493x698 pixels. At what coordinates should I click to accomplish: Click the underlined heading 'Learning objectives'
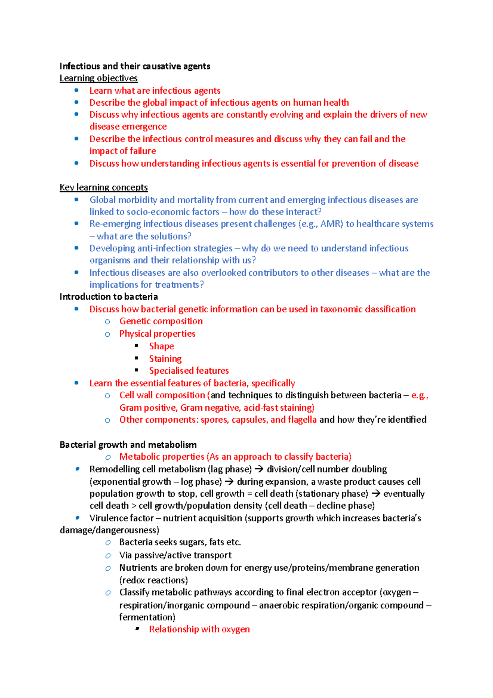pos(98,78)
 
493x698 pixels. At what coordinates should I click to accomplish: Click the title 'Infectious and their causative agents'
pos(135,66)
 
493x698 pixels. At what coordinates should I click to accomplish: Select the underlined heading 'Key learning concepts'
pos(104,187)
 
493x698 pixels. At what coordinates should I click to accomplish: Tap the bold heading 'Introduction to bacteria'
pos(108,297)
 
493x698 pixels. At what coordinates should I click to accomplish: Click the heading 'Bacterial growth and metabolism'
pos(128,445)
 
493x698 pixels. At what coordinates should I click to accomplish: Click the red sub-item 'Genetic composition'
pos(161,321)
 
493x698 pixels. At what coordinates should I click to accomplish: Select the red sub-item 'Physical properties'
pos(157,334)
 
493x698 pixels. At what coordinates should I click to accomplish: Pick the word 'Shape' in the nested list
pos(161,347)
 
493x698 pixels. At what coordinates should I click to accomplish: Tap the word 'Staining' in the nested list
pos(165,359)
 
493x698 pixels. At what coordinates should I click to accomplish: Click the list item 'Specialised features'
pos(189,371)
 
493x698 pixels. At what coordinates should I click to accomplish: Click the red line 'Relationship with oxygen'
pos(199,629)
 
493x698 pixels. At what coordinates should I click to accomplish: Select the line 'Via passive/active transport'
pos(175,555)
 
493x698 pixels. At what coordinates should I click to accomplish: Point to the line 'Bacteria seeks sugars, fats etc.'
pos(180,542)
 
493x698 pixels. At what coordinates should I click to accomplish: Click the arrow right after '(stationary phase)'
pos(376,494)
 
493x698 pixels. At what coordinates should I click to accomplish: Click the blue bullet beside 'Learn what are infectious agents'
pos(76,90)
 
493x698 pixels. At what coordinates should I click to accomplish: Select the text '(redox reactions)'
pos(153,580)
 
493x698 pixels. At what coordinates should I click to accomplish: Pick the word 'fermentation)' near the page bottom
pos(147,617)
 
